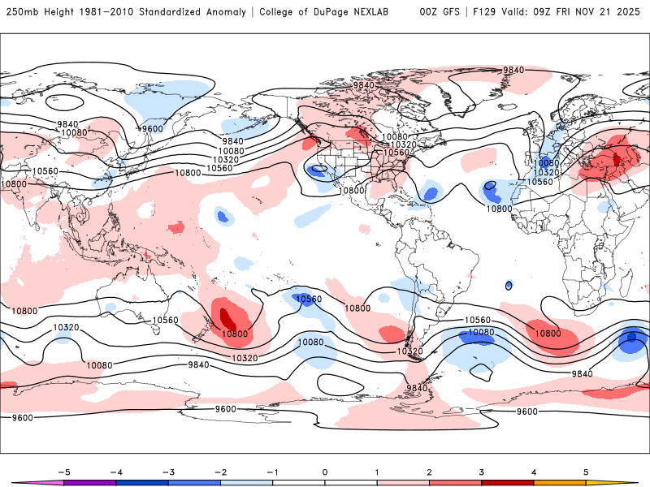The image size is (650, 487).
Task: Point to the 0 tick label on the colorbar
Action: pyautogui.click(x=325, y=471)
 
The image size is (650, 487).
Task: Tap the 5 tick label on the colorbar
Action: pyautogui.click(x=586, y=471)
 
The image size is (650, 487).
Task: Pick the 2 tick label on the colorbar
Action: pyautogui.click(x=430, y=471)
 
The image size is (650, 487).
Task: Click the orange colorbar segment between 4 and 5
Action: pyautogui.click(x=561, y=482)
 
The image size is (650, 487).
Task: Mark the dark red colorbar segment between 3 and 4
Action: pyautogui.click(x=508, y=482)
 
